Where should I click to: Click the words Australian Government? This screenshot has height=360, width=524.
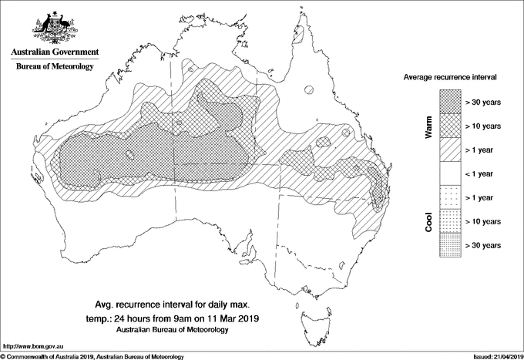[54, 52]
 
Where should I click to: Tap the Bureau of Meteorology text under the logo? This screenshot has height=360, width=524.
[54, 67]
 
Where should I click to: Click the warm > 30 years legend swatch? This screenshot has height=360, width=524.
[449, 102]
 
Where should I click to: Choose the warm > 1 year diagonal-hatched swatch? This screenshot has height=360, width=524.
[449, 150]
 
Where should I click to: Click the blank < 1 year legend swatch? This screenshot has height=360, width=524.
[449, 173]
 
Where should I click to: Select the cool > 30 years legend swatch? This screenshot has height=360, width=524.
[449, 245]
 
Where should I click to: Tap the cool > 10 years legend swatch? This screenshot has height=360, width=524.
[449, 221]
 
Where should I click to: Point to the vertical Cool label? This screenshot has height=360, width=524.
[429, 221]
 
